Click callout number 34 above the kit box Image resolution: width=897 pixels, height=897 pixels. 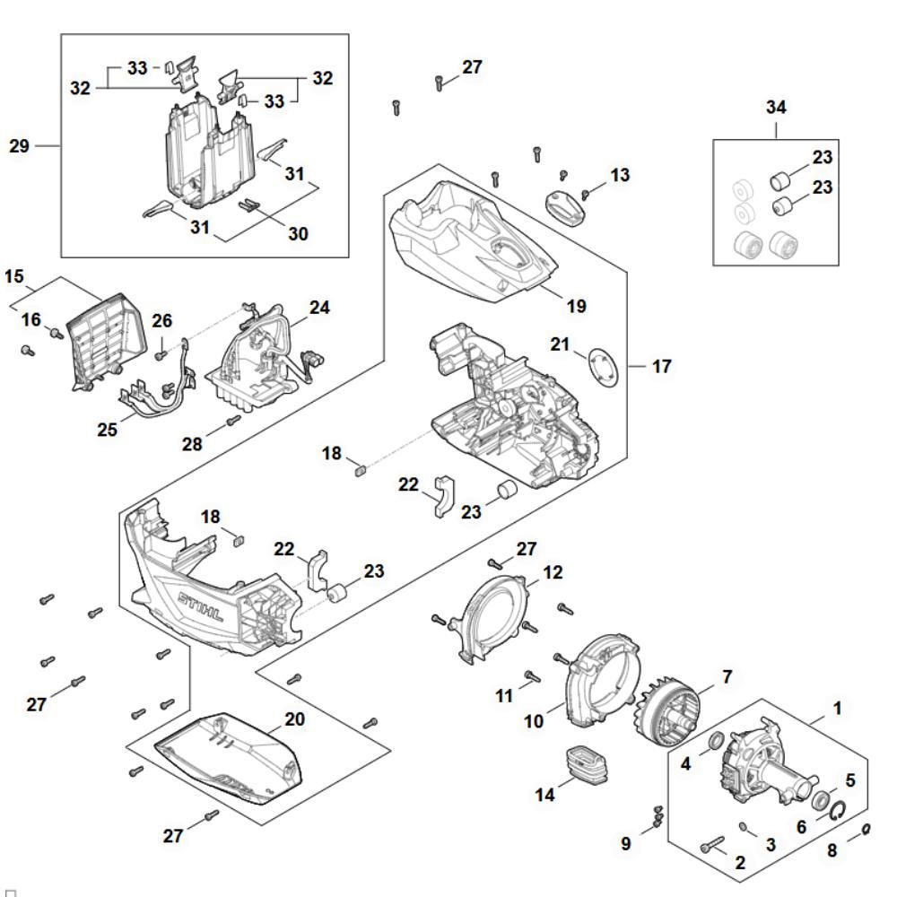776,108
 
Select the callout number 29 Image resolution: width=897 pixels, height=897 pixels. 20,145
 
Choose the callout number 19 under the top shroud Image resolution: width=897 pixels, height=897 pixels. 577,306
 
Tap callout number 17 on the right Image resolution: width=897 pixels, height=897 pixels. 662,366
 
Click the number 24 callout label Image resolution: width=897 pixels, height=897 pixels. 319,308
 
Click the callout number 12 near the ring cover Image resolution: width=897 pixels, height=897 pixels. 553,571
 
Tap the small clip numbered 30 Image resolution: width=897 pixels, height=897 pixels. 249,205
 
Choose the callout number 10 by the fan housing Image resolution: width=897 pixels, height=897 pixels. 535,721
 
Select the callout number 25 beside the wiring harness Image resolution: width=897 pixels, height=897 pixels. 108,430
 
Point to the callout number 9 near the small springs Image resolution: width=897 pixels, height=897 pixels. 626,843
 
